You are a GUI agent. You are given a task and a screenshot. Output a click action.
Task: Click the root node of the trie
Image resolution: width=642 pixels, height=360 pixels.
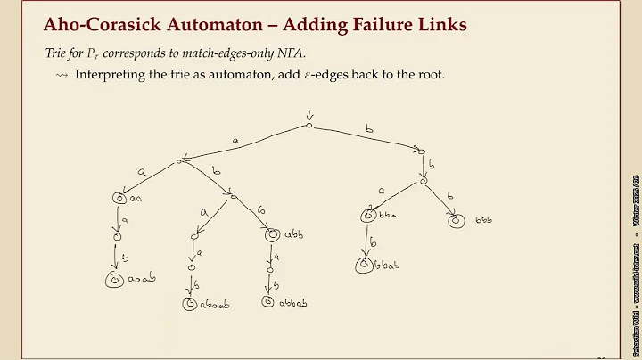[x=309, y=126]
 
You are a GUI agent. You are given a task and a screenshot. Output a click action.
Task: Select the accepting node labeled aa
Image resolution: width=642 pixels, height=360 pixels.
[x=119, y=199]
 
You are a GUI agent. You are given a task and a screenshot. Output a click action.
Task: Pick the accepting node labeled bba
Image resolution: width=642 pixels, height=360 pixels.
[x=368, y=216]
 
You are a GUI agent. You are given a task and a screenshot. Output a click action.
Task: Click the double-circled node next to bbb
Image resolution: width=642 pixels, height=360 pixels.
[x=456, y=219]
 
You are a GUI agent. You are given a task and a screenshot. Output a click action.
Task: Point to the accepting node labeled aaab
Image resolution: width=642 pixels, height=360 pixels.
[x=114, y=280]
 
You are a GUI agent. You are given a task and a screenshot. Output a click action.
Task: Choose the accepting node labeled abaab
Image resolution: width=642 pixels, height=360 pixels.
[x=190, y=304]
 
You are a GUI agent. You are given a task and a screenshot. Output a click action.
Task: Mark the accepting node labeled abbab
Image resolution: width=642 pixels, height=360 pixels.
[x=268, y=302]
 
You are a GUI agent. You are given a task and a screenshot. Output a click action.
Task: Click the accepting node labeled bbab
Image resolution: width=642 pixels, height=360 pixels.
[x=364, y=265]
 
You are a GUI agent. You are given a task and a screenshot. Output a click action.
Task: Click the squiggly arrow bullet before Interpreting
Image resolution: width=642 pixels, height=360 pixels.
[x=61, y=74]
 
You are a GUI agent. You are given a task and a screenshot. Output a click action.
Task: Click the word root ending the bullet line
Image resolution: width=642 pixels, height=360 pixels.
[x=431, y=74]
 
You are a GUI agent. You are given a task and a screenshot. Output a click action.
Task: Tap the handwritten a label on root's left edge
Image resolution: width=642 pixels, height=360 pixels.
[x=235, y=140]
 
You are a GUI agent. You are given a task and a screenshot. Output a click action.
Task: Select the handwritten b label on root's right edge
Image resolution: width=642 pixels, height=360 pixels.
[x=369, y=130]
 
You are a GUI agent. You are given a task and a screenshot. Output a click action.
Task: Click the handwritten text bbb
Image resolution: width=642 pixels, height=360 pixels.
[x=484, y=219]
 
